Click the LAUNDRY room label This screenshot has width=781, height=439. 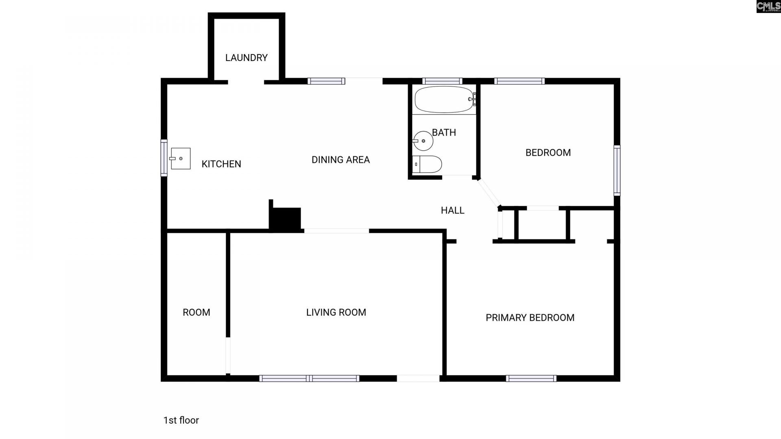click(x=246, y=58)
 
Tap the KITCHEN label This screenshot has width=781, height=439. click(x=221, y=164)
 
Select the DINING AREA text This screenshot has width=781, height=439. click(x=340, y=160)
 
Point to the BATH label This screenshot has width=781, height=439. click(x=444, y=133)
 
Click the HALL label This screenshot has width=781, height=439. click(x=452, y=210)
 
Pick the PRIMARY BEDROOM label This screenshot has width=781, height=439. click(x=530, y=317)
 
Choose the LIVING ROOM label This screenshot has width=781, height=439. click(x=336, y=312)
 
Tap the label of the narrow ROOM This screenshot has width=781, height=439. click(x=196, y=312)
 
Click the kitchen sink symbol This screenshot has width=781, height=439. click(x=180, y=159)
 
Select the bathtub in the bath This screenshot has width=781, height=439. click(x=444, y=99)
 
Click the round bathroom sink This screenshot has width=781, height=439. click(x=423, y=141)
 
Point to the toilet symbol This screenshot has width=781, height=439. click(x=427, y=165)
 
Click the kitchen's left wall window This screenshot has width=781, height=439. click(x=164, y=158)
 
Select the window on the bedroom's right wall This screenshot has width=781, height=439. click(x=617, y=170)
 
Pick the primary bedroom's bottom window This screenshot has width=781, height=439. click(x=531, y=378)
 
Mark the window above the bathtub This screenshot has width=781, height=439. click(x=442, y=81)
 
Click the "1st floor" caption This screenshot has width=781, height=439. click(x=181, y=420)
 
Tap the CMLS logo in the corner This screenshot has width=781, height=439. click(x=768, y=7)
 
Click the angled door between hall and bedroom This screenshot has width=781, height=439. click(x=489, y=193)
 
